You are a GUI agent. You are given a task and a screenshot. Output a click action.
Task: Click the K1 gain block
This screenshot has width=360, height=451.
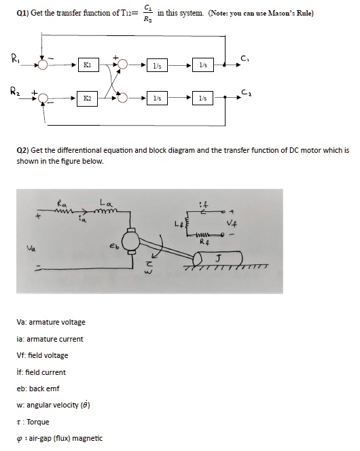click(x=86, y=65)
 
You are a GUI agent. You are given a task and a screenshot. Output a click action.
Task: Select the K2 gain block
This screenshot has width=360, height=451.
click(x=86, y=98)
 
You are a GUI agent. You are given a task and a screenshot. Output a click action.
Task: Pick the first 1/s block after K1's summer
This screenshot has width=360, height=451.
click(x=158, y=65)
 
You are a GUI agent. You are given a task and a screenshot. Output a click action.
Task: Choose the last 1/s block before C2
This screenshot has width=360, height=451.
click(x=202, y=98)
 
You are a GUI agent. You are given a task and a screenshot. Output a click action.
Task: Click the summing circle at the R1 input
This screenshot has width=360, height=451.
click(x=43, y=65)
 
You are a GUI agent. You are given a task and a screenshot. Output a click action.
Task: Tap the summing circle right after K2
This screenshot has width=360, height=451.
click(x=122, y=98)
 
